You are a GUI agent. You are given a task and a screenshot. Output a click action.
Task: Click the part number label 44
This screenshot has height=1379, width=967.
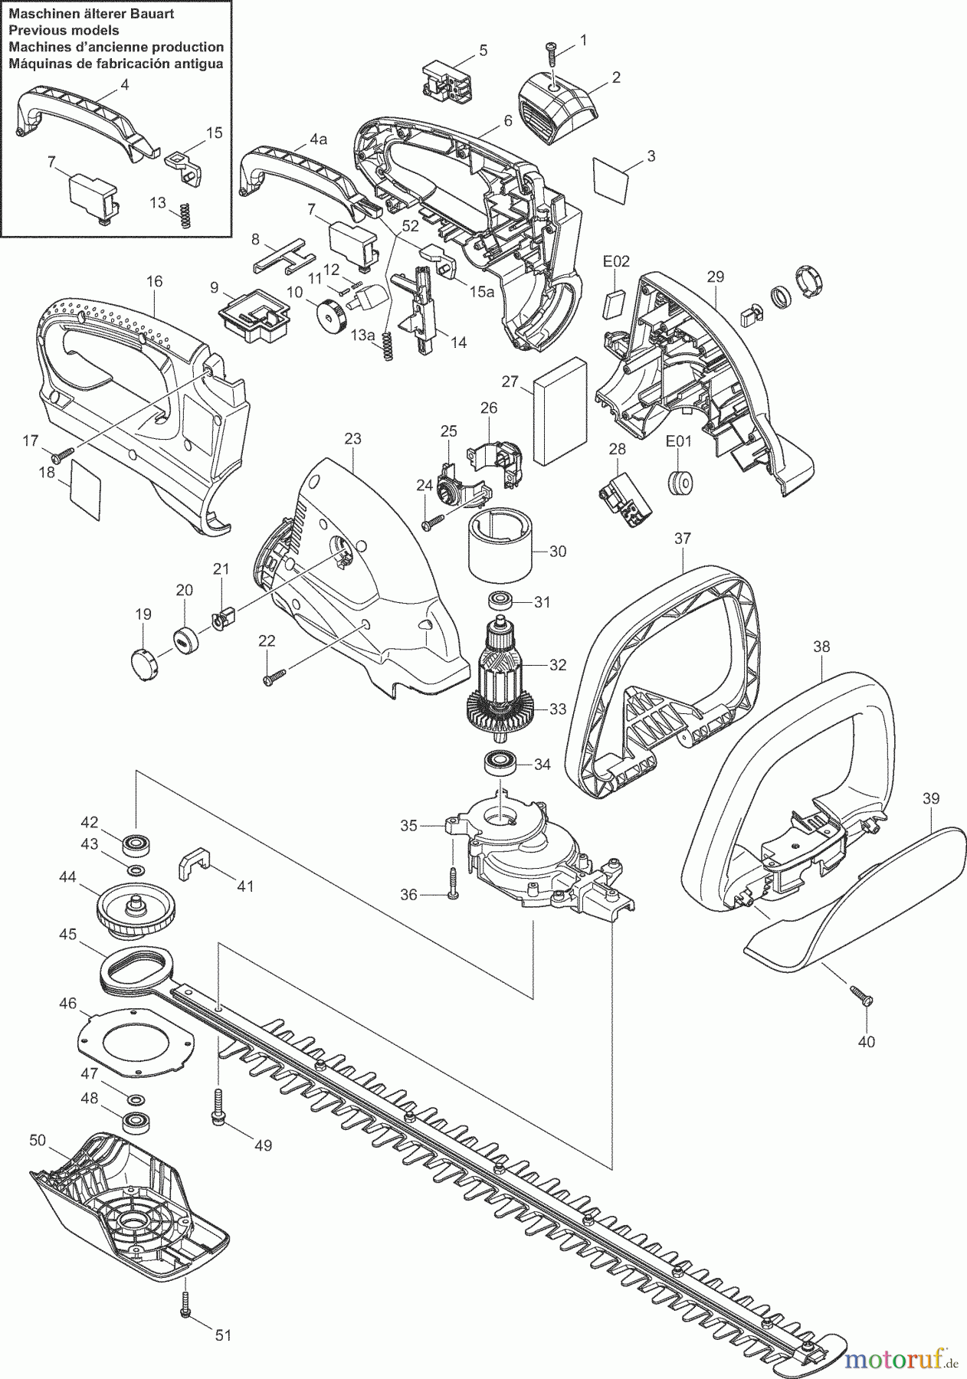pos(67,877)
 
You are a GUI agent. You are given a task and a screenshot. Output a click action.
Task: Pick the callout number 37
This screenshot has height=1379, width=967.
pos(683,539)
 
